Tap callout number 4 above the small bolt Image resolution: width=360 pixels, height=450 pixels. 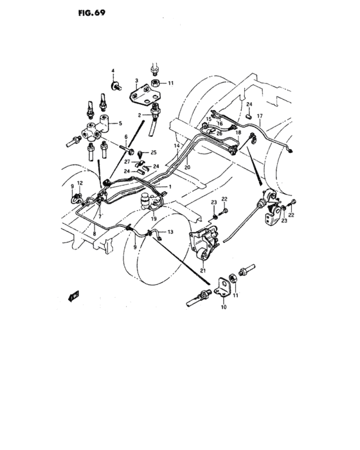point(112,69)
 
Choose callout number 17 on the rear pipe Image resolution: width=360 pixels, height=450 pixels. point(259,116)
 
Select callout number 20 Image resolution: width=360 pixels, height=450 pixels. point(187,166)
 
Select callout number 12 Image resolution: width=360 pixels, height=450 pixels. point(79,184)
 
